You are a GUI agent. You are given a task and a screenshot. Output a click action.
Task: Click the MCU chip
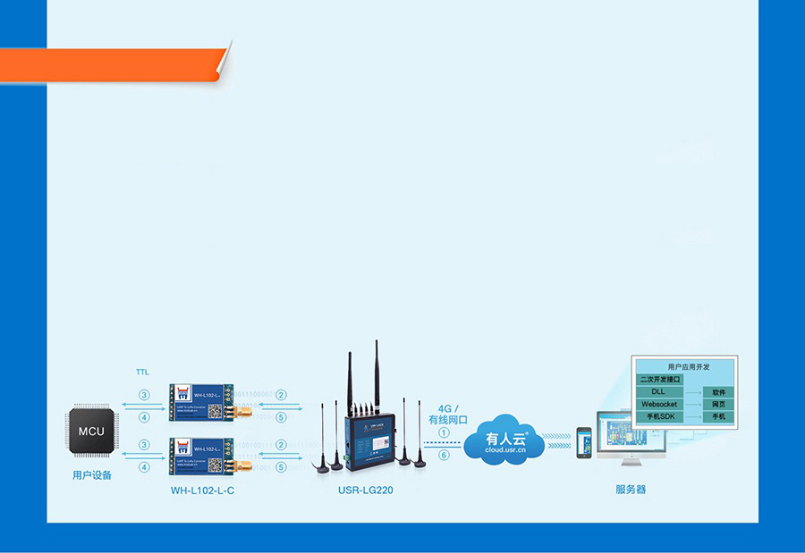[91, 432]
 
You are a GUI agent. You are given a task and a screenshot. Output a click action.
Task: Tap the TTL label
[143, 371]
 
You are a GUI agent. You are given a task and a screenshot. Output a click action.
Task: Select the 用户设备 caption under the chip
[92, 475]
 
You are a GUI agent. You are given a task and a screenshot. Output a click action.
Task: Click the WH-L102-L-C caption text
[203, 490]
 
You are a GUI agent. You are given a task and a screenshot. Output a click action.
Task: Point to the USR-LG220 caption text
[365, 490]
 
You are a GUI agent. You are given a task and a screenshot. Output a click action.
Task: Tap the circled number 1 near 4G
[445, 432]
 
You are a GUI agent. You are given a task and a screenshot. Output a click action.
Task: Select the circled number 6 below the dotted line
[445, 456]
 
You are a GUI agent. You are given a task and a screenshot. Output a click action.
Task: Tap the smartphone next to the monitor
[583, 442]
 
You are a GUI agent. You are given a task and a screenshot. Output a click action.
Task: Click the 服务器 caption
[631, 490]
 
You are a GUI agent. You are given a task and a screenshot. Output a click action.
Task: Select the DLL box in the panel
[659, 392]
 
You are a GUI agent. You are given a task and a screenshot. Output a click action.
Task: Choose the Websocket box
[659, 405]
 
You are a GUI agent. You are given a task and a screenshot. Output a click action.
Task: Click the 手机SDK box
[659, 417]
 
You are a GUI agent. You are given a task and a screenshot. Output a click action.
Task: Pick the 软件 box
[718, 392]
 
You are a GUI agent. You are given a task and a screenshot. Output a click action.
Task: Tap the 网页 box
[718, 405]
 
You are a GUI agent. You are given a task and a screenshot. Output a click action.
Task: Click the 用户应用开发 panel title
[685, 366]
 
